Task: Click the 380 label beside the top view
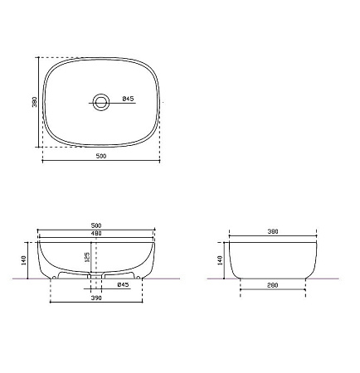click(35, 102)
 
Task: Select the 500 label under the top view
click(101, 156)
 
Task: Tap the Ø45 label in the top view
click(128, 99)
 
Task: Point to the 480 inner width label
click(96, 234)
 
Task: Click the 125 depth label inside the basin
click(86, 257)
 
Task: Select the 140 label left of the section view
click(23, 260)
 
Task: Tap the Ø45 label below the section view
click(123, 284)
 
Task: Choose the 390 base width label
click(96, 298)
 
